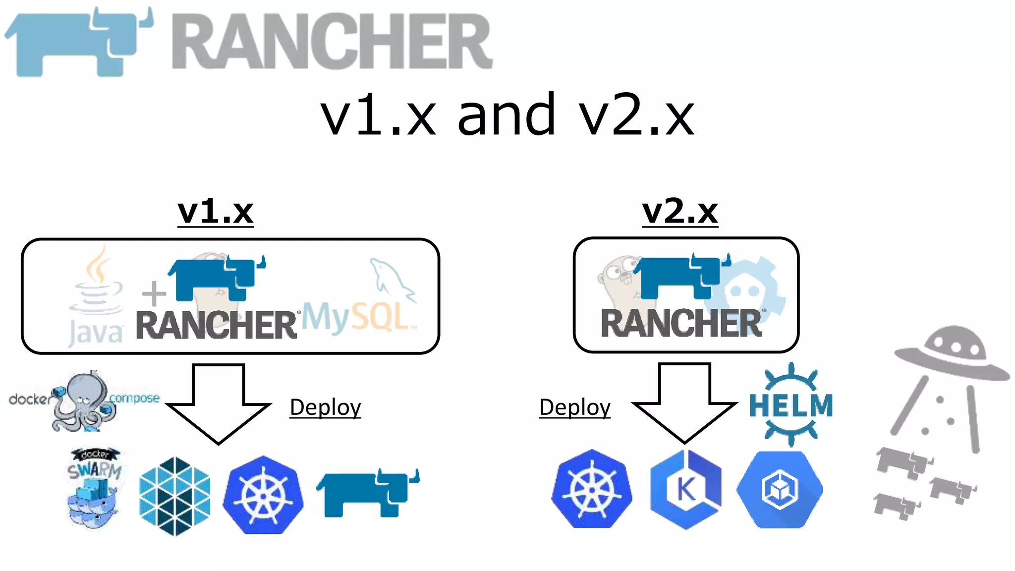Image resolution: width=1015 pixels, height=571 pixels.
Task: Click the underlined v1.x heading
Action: (x=216, y=212)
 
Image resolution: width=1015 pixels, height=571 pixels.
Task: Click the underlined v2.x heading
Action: (x=680, y=212)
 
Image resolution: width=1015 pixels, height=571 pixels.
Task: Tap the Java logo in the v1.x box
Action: (x=97, y=297)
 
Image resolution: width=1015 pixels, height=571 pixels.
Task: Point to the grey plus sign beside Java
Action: (x=154, y=293)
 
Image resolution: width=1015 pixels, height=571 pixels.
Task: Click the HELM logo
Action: (x=791, y=405)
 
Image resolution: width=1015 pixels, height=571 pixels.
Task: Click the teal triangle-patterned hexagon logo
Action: (x=175, y=496)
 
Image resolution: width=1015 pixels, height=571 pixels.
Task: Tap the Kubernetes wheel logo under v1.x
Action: (x=263, y=495)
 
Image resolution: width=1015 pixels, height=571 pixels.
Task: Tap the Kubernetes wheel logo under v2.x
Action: (x=592, y=489)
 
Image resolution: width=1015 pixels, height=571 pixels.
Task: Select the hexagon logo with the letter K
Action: (x=686, y=490)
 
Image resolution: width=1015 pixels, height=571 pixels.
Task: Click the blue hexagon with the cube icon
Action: (x=780, y=490)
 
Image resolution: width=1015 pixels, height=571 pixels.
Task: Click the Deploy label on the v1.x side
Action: (x=325, y=407)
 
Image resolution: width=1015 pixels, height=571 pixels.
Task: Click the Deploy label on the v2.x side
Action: (x=574, y=407)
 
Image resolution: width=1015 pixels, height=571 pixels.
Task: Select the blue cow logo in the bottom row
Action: (x=368, y=493)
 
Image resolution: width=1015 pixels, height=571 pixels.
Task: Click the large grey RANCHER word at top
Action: (x=332, y=42)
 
